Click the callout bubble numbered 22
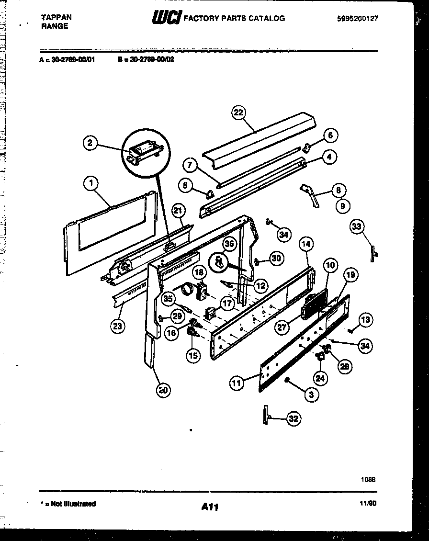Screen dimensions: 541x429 (238, 113)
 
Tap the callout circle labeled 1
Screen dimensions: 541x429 (90, 182)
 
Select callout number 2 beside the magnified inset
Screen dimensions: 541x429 (90, 142)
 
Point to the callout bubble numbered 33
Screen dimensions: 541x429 (357, 227)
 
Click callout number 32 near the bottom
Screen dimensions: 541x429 (294, 419)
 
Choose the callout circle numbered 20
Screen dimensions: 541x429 (163, 390)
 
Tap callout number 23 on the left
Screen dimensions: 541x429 (117, 326)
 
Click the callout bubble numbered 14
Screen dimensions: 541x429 (306, 245)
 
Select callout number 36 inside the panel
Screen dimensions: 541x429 (229, 244)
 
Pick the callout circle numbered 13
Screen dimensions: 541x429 (365, 319)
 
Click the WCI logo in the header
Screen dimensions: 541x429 (167, 18)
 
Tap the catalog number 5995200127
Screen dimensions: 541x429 (357, 18)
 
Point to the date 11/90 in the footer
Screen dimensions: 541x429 (367, 503)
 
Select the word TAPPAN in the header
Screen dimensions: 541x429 (56, 17)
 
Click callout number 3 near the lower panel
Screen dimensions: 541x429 (311, 394)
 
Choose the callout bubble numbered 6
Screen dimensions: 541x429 (330, 135)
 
